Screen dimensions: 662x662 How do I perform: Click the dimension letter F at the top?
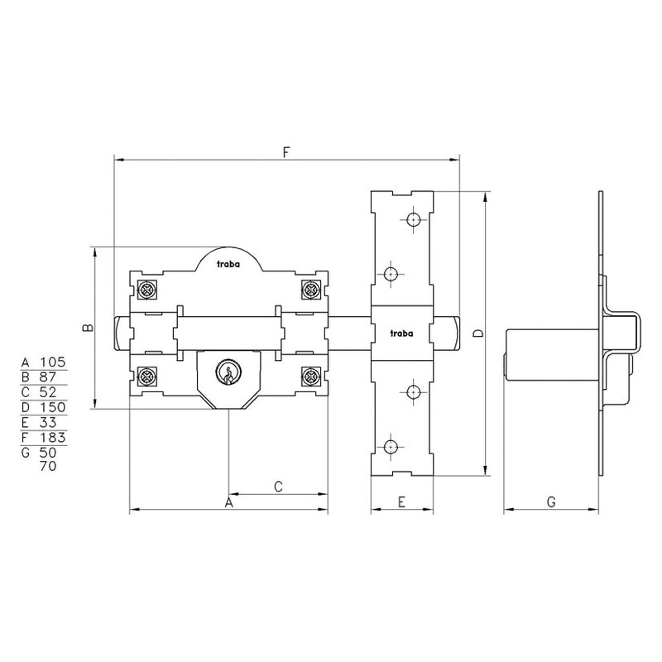click(285, 152)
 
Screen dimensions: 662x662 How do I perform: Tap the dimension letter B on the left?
click(90, 328)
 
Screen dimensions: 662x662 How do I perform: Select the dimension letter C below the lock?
click(278, 487)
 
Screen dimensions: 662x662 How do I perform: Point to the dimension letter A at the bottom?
click(229, 501)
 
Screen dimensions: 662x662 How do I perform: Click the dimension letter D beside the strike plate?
click(477, 333)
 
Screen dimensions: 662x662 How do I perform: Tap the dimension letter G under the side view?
click(550, 501)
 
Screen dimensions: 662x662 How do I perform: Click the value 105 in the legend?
click(53, 362)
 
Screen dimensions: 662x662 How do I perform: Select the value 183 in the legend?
click(53, 437)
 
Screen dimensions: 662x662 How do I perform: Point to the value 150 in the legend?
click(53, 407)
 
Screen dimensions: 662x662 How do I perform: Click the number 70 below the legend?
click(48, 466)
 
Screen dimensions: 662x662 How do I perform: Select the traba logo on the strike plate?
click(401, 333)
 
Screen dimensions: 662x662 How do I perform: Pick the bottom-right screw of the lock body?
click(310, 377)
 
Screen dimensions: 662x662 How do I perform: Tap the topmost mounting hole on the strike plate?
click(412, 220)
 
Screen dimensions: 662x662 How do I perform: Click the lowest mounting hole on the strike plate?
click(390, 447)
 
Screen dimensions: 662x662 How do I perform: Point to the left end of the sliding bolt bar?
click(120, 333)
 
